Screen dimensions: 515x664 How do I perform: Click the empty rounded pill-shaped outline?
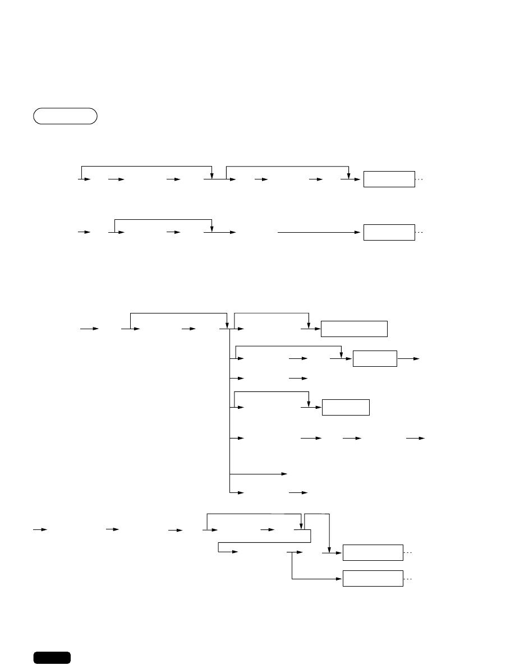tap(65, 116)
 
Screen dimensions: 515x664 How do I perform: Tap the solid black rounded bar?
tap(52, 657)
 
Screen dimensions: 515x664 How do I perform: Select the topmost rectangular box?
tap(389, 179)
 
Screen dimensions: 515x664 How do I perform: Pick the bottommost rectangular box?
tap(373, 578)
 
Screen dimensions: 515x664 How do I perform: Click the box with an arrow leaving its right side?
tap(375, 359)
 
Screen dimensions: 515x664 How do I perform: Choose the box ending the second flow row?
tap(389, 232)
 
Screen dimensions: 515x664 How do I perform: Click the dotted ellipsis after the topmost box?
tap(421, 180)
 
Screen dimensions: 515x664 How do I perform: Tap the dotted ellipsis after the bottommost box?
tap(408, 578)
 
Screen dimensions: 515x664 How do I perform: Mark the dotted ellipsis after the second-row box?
tap(421, 232)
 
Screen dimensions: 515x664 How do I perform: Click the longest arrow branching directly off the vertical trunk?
tap(259, 474)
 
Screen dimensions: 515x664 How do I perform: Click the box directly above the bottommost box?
tap(373, 552)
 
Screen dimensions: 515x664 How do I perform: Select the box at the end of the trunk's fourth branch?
tap(346, 407)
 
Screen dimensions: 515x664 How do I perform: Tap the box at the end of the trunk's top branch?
tap(354, 329)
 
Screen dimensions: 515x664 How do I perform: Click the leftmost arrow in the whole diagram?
tap(40, 529)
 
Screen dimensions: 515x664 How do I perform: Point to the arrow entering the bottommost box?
tap(317, 578)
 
